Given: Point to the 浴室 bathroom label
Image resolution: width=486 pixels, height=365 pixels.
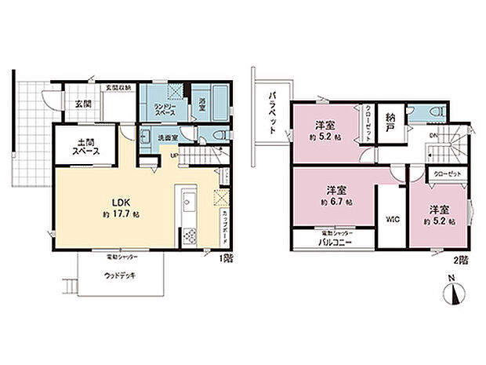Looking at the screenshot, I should [x=201, y=103].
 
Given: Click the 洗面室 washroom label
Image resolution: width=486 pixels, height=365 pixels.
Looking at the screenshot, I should [x=169, y=137].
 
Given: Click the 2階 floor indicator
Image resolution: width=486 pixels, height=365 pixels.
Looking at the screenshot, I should [x=462, y=257].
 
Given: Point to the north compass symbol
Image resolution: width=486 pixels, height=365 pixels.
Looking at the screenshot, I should [x=452, y=295].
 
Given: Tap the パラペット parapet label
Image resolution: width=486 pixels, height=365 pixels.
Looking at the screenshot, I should [x=271, y=113].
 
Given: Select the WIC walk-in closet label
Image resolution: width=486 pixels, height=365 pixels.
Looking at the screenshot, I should [x=390, y=219].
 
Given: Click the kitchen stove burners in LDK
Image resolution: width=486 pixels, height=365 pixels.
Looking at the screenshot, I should [x=189, y=235].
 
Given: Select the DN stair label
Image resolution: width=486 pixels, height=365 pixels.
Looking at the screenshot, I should [x=433, y=134].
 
